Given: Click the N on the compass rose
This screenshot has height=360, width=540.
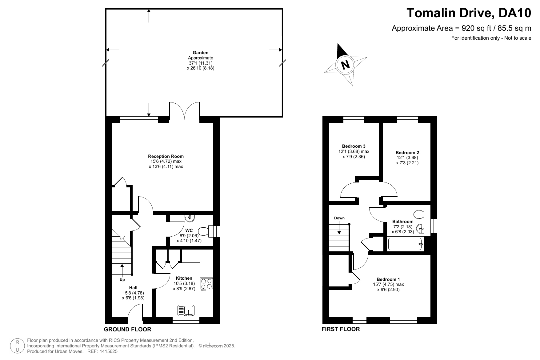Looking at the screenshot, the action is point(346,65).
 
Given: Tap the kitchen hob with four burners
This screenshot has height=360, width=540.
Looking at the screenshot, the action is point(207,284).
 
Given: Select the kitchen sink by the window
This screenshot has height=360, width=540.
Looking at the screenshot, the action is point(186,310).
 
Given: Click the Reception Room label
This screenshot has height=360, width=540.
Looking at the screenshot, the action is point(166,156).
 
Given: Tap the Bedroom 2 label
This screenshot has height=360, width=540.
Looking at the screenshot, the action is point(407,153).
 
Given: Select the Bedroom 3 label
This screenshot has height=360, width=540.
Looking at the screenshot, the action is point(354,146).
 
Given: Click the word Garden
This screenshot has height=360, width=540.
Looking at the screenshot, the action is point(201,53).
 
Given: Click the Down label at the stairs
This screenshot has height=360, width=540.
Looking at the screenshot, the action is point(339,218).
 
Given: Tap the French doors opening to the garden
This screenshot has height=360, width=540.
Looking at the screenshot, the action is point(184,110).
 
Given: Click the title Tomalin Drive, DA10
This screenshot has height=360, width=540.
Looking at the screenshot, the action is point(469,13).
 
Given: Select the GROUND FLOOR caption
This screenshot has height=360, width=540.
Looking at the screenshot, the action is point(128,330).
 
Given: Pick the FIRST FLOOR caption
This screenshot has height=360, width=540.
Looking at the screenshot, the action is point(341,329).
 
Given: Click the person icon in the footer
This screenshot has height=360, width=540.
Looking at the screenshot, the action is point(18,346).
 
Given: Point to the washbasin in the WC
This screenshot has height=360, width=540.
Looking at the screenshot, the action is point(190,218).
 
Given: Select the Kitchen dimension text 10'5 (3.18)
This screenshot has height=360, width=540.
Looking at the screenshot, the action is point(184,283).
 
